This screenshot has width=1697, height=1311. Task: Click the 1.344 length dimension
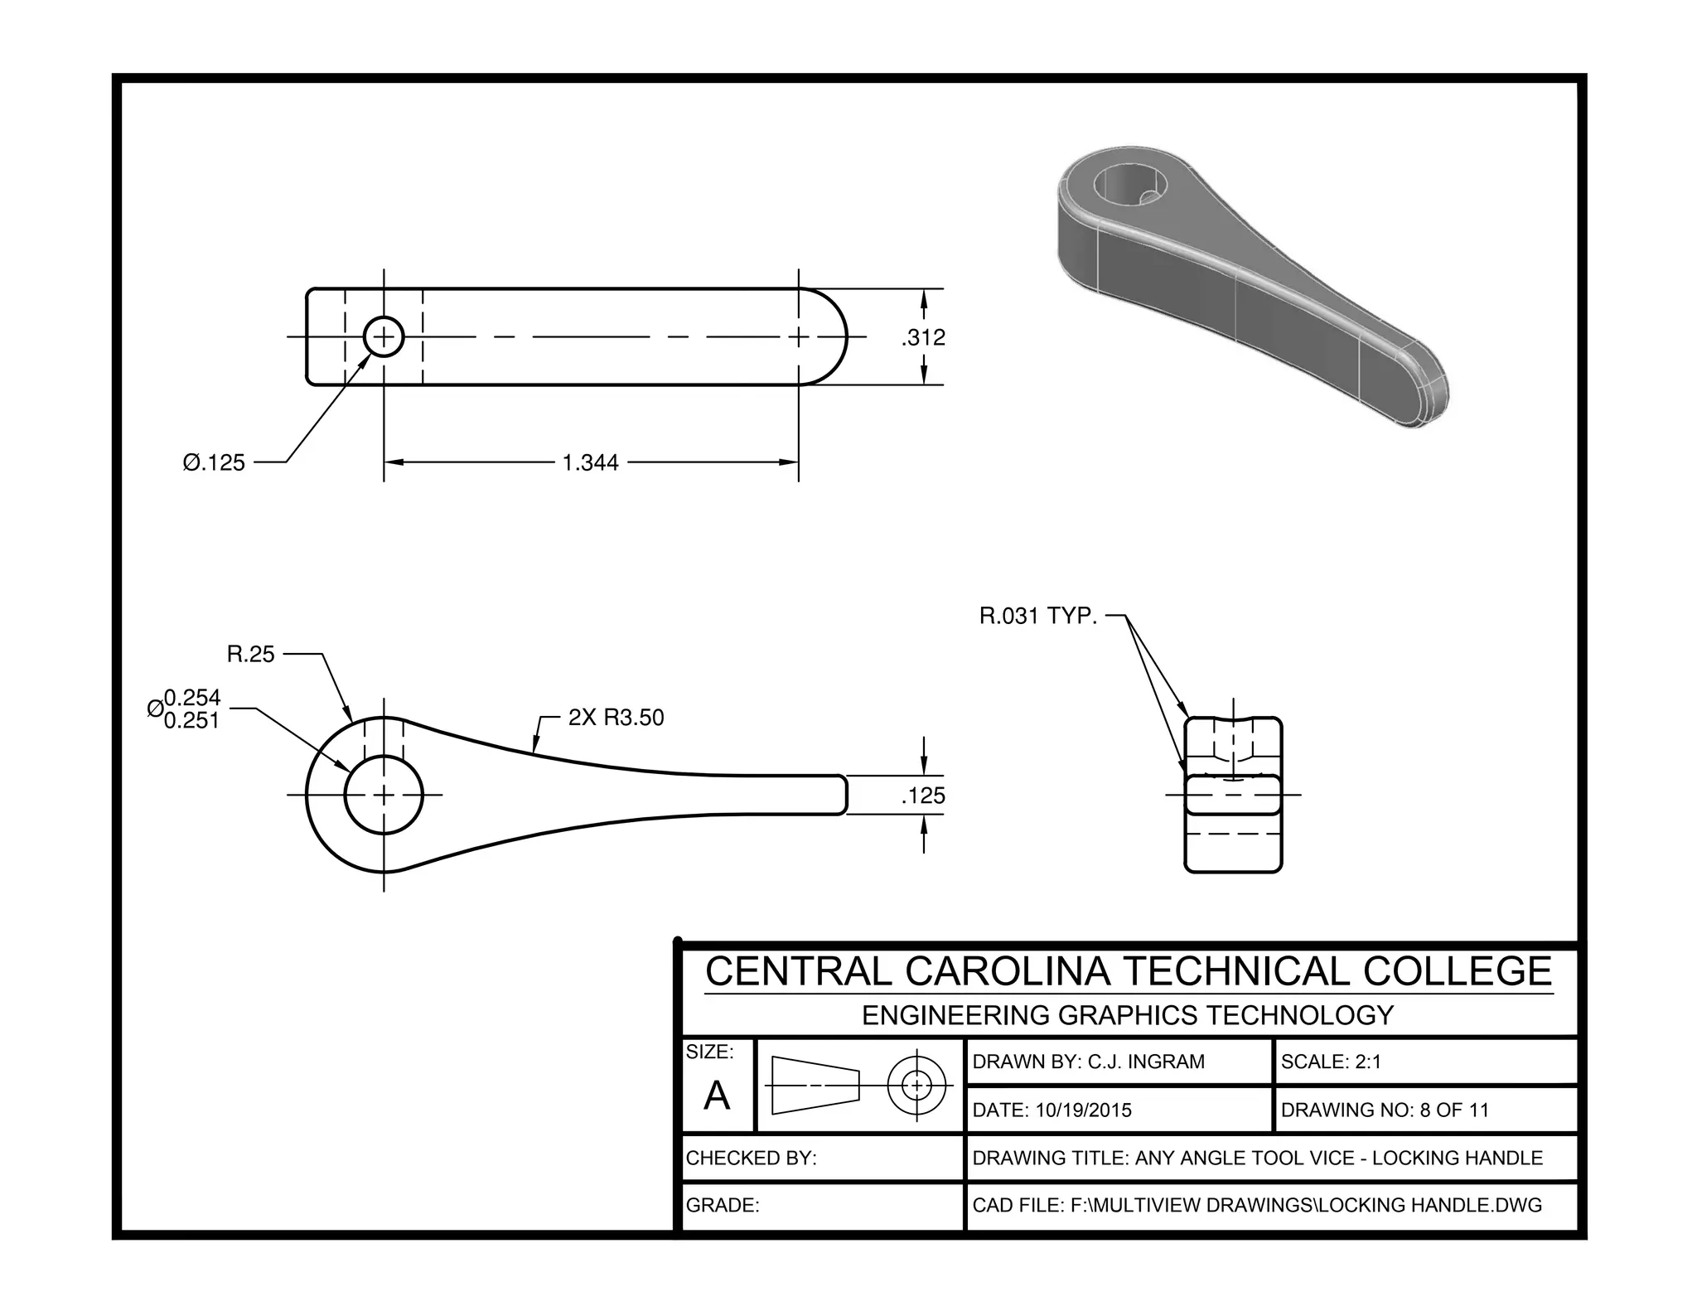[x=590, y=462]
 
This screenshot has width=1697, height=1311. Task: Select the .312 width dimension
[x=923, y=337]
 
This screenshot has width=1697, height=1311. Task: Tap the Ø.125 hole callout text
[x=214, y=462]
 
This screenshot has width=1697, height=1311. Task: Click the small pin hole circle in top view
[x=384, y=336]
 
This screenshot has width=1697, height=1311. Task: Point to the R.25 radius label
[x=250, y=655]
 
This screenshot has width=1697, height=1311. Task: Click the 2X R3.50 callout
[x=616, y=718]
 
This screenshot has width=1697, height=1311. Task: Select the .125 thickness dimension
[x=923, y=796]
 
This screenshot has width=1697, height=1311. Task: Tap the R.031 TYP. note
[x=1037, y=617]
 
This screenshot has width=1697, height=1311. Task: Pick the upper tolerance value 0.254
[x=192, y=698]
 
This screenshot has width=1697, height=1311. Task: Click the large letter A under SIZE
[x=717, y=1096]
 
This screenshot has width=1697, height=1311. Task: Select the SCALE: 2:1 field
[x=1331, y=1062]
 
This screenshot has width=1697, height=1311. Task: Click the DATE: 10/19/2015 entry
[x=1052, y=1110]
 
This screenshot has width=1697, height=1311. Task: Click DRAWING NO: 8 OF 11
[x=1385, y=1110]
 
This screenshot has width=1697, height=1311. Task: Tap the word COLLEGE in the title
[x=1458, y=971]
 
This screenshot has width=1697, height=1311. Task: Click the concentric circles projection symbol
[x=916, y=1084]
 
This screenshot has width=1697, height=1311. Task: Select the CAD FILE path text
[x=1257, y=1205]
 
